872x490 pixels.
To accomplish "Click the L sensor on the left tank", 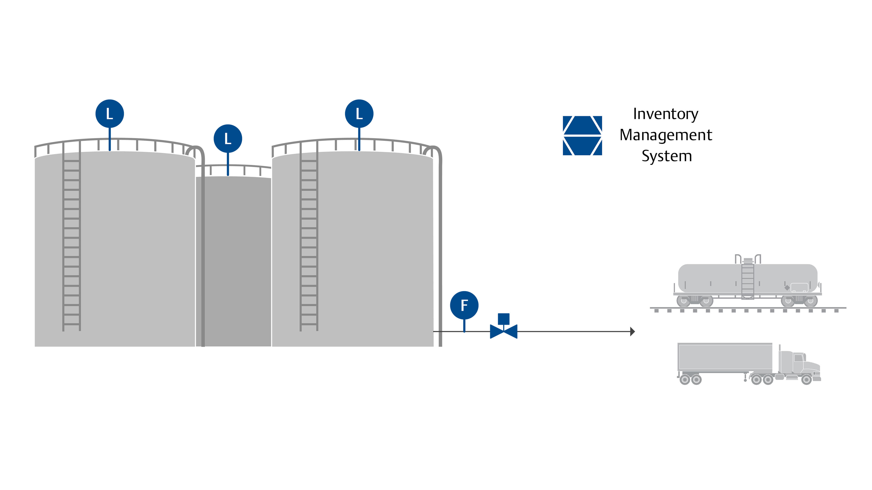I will click(x=110, y=114).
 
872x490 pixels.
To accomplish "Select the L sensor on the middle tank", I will click(x=228, y=139).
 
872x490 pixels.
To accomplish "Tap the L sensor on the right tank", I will click(x=359, y=114).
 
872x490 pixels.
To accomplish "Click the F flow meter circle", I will click(x=464, y=305).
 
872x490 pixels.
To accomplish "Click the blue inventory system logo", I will click(x=582, y=136).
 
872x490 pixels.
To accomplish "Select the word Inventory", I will click(x=666, y=114).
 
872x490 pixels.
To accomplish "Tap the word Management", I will click(x=666, y=135).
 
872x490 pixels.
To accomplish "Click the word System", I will click(x=666, y=156).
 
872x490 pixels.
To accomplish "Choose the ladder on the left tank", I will click(x=72, y=237).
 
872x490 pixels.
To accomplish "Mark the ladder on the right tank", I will click(x=309, y=237).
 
